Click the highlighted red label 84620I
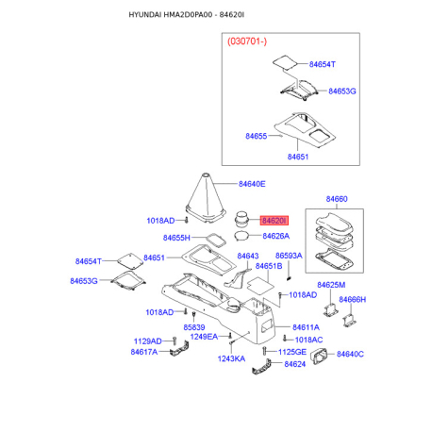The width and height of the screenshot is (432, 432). [274, 221]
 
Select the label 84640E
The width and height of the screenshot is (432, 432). [252, 184]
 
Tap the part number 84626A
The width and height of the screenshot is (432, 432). [276, 236]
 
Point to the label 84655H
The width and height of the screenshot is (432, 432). [176, 238]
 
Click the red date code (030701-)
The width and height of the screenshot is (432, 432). [247, 42]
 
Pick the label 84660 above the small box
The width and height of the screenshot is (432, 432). [337, 199]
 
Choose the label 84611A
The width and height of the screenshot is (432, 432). [306, 327]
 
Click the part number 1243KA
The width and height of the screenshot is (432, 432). [231, 358]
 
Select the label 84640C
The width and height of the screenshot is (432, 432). [350, 355]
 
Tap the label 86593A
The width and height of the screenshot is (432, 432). [289, 256]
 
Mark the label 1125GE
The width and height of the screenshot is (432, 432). [292, 352]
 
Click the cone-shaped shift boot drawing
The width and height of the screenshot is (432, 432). [206, 198]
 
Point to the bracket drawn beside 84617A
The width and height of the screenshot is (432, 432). [179, 349]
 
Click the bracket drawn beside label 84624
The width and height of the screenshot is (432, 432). [261, 367]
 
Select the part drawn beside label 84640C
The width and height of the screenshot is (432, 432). [319, 357]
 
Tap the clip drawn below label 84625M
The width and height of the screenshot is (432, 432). [331, 310]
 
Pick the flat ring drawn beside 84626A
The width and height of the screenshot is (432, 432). [241, 236]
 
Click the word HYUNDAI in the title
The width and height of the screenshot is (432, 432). [145, 15]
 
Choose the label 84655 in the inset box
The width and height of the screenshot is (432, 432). [257, 136]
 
